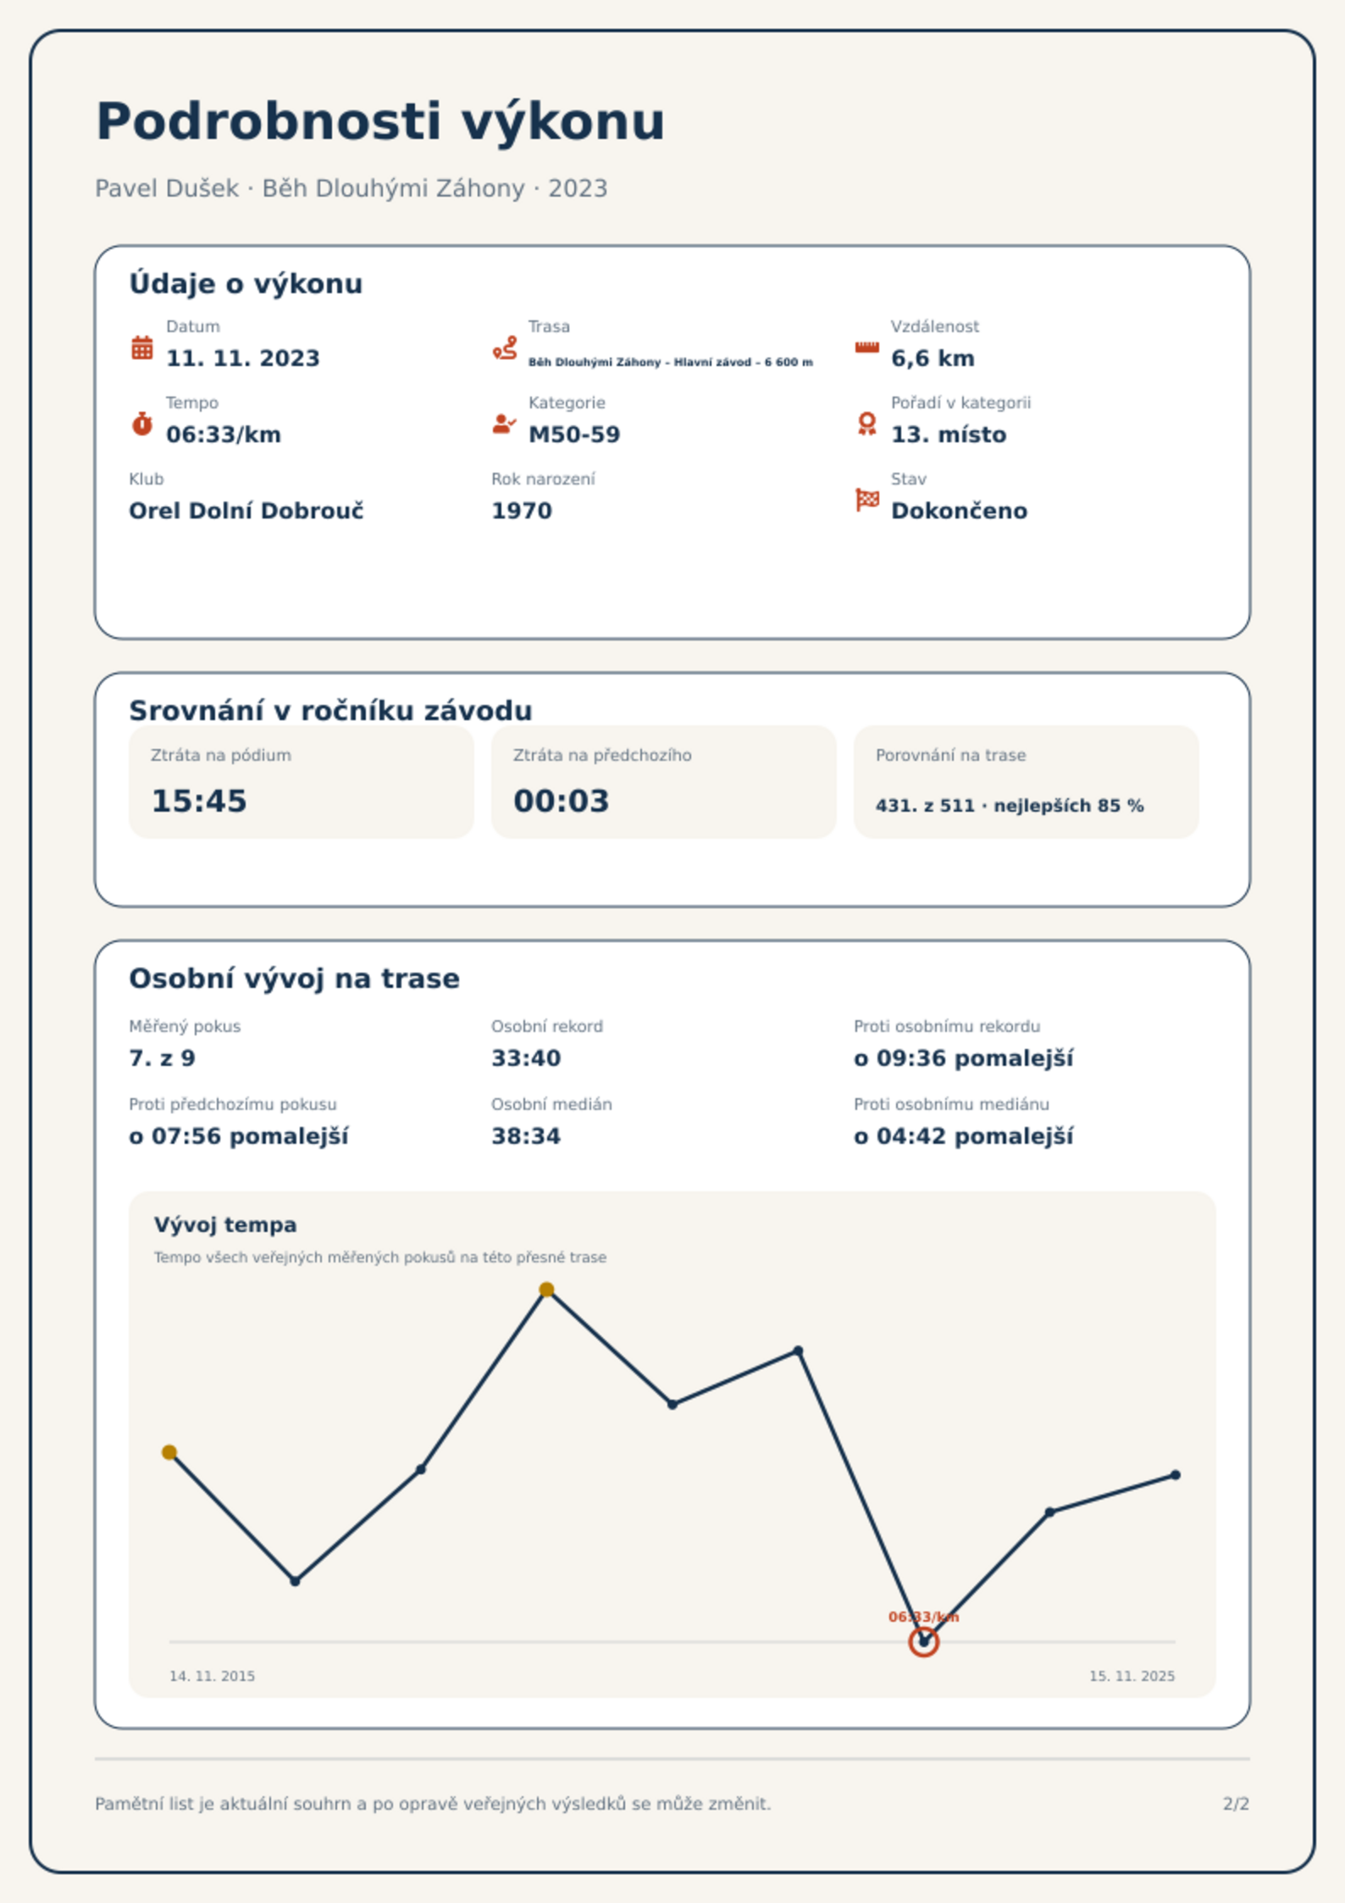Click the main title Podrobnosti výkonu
[380, 122]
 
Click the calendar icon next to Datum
[142, 347]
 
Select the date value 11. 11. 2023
[243, 358]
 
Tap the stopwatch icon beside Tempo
[142, 424]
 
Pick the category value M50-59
[574, 435]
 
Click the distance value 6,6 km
[933, 358]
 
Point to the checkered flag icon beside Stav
[867, 500]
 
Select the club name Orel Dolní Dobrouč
[246, 511]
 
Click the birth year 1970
[522, 511]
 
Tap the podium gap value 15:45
[199, 801]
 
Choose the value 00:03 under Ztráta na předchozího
[562, 801]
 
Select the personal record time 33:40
[526, 1058]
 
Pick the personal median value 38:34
[526, 1136]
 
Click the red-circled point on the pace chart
[924, 1642]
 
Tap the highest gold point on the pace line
[547, 1290]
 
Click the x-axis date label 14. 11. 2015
[212, 1676]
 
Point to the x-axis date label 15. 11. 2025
[1132, 1676]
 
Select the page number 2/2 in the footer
[1236, 1804]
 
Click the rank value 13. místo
[949, 435]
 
